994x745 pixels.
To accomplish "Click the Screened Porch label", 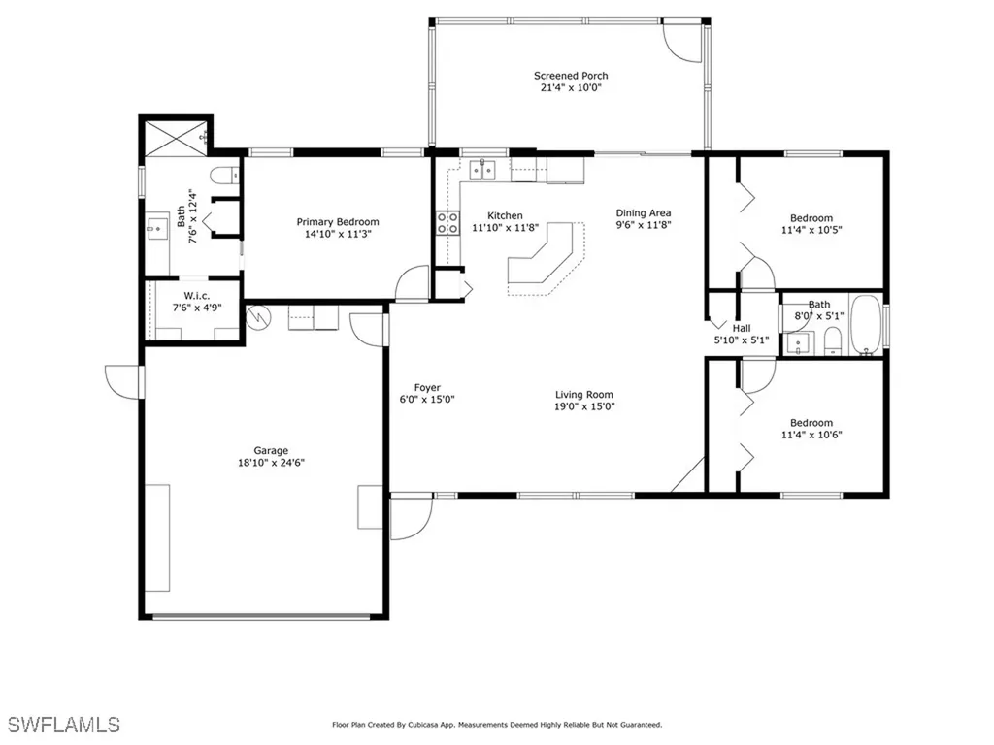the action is pos(571,76).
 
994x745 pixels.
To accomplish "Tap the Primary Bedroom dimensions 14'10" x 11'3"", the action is pos(337,234).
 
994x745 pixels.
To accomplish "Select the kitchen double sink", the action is pos(482,170).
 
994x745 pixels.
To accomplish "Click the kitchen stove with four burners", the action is pos(447,223).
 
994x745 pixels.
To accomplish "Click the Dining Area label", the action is pos(644,212).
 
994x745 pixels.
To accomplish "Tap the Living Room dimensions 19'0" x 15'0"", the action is pos(584,406).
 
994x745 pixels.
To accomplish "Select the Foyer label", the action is pos(427,387).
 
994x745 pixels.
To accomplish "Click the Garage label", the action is pos(271,450).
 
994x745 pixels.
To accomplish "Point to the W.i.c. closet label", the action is pos(196,296).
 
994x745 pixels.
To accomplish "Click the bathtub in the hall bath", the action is pos(865,324).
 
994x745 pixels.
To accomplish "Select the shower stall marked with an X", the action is pos(177,138).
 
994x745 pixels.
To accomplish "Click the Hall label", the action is pos(742,328).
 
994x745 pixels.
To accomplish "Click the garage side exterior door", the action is pos(124,382).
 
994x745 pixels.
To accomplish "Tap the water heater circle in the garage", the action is pos(258,317).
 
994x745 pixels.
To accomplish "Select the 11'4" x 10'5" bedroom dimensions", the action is pos(812,230).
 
